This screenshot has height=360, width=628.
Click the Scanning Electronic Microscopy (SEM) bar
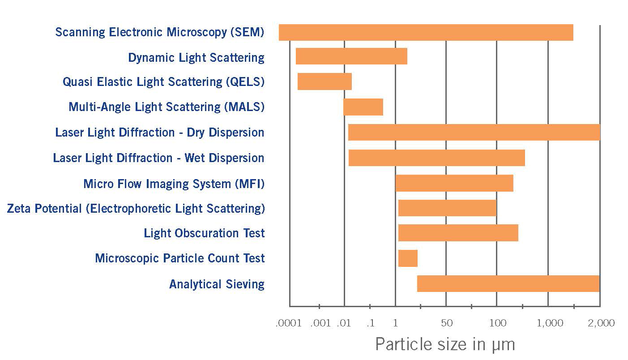[426, 33]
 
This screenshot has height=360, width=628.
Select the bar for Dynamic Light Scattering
[351, 56]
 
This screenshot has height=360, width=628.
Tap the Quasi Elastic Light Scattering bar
[325, 81]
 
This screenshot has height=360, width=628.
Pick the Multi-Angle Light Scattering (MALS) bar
[363, 107]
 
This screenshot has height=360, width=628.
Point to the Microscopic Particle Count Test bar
[408, 258]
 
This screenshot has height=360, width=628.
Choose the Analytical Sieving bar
[508, 284]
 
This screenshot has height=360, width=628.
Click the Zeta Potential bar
[447, 208]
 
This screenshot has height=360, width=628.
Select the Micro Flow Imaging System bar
[454, 184]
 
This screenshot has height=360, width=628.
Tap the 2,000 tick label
[601, 323]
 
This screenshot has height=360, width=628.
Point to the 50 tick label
[446, 323]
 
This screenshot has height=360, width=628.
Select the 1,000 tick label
[550, 323]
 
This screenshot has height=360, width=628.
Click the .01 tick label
[343, 323]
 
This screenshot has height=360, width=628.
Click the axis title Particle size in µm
[445, 344]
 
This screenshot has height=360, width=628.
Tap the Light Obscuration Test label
[204, 233]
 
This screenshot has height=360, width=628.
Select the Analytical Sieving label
[217, 284]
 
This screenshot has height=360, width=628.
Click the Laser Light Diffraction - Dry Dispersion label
[160, 133]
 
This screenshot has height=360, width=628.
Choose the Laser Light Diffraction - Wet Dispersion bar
[436, 158]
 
